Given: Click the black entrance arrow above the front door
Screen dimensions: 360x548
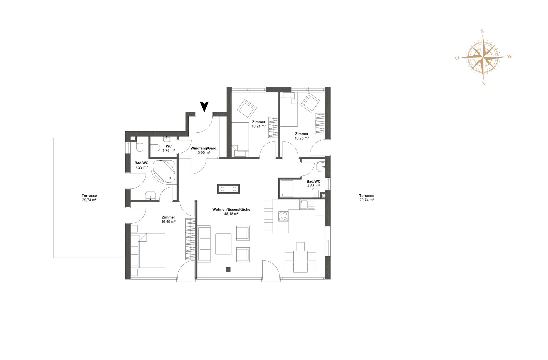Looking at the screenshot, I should point(204,106).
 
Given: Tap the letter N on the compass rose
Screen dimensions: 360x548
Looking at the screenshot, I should point(483,84).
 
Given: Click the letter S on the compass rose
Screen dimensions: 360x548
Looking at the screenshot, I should point(482,31).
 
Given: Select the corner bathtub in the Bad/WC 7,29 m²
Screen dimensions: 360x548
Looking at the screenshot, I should point(164,171).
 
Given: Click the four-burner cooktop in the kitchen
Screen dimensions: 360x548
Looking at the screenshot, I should point(283,216).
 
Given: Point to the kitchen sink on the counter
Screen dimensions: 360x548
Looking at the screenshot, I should point(304,205).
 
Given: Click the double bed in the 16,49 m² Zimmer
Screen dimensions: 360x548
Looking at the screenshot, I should point(151,250).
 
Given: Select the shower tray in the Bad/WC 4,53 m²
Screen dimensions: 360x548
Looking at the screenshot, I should point(287,188).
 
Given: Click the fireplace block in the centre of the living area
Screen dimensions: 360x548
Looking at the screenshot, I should point(228,189).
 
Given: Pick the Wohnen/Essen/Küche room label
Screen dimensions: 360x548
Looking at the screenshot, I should point(231,209).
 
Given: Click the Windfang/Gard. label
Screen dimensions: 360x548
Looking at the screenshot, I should point(204,148).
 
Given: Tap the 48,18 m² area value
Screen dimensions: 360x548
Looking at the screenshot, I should point(231,214).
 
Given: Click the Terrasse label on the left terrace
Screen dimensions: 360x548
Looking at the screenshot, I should point(89,196).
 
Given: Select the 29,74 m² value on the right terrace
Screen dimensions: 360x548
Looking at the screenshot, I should point(366,200).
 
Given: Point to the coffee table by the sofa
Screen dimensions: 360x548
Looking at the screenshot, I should point(223,244).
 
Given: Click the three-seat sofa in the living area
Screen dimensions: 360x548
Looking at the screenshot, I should point(204,244).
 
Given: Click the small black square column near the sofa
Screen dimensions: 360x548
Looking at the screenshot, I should point(228,269).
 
